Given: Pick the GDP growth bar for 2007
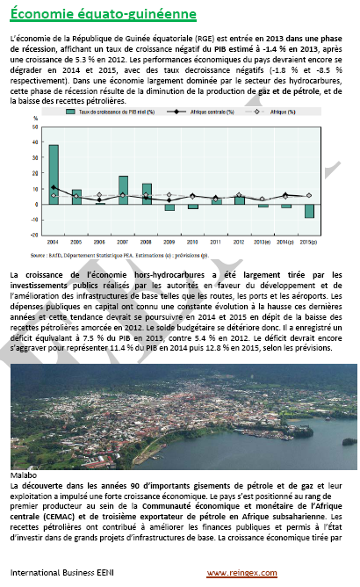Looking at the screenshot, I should click(123, 190).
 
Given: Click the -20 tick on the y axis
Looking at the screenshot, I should click(34, 235).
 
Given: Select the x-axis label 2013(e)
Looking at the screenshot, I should click(262, 241).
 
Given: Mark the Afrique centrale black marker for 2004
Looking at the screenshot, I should click(54, 188).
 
